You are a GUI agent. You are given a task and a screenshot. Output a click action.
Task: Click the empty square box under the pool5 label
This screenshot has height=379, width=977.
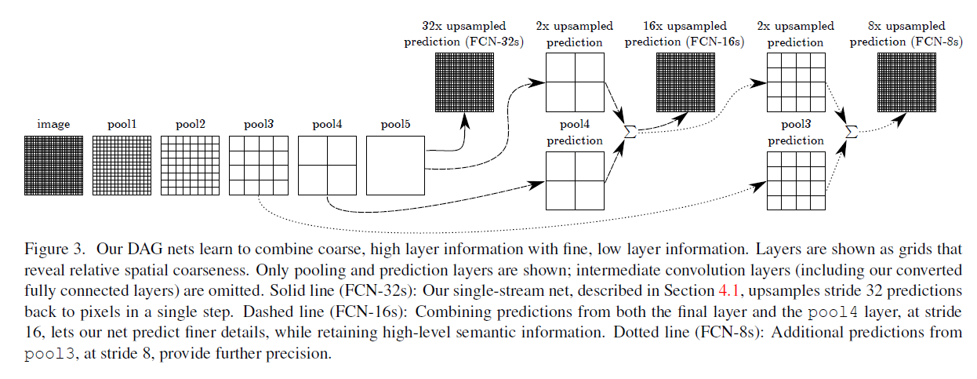(396, 166)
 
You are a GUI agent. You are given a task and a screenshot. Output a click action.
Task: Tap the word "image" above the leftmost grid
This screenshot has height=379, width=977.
(53, 125)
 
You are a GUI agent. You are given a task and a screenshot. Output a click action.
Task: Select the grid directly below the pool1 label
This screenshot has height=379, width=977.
(122, 166)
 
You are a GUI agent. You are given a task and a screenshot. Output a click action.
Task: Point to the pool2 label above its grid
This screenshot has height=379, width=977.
(191, 125)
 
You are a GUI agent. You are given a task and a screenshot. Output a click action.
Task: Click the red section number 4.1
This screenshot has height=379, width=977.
(728, 291)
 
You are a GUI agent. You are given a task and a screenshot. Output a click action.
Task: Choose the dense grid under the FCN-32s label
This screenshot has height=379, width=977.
(464, 82)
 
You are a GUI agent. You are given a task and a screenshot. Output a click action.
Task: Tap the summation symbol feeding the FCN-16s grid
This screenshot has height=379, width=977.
(630, 131)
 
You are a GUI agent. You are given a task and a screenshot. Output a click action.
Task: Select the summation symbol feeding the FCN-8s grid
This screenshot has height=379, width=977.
(852, 131)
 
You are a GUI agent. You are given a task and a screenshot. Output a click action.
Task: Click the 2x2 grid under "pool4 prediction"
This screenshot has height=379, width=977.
(575, 180)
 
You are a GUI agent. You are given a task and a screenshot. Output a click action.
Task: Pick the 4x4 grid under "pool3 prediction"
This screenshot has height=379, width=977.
(796, 180)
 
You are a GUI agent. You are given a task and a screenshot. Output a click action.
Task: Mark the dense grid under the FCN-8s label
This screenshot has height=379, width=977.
(906, 82)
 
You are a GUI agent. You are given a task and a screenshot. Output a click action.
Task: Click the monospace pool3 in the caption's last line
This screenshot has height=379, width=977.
(49, 354)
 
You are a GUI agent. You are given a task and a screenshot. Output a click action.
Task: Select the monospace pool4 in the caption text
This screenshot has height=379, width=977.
(833, 312)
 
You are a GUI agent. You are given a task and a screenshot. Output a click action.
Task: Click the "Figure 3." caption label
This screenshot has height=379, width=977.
(55, 250)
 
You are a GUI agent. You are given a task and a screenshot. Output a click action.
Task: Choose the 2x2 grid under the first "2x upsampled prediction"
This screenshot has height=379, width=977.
(575, 82)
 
